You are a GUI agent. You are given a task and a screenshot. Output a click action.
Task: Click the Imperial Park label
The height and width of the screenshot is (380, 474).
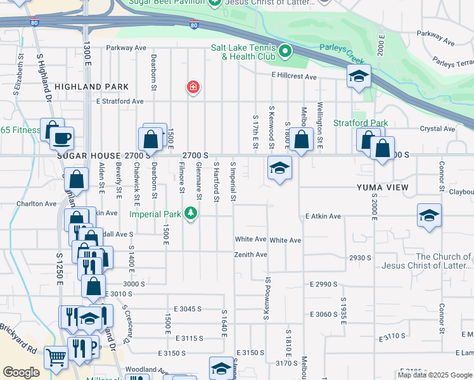[156, 213]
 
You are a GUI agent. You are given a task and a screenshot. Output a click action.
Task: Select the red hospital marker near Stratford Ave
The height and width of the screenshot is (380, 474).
[192, 87]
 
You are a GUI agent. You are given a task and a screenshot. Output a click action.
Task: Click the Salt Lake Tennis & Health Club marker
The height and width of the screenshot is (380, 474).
[285, 50]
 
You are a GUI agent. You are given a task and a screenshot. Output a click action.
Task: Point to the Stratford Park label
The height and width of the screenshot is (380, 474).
[361, 123]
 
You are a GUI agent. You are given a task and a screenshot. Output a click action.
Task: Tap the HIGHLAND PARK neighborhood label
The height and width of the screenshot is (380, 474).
[91, 87]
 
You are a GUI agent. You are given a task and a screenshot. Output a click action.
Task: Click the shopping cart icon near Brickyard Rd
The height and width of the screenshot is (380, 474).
[56, 358]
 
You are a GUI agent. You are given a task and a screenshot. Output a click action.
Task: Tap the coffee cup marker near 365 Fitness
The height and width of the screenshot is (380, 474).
[62, 137]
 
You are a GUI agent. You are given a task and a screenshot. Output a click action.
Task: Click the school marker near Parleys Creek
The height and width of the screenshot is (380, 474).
[359, 77]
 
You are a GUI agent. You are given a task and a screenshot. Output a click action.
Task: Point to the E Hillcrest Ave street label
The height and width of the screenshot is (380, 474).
[293, 77]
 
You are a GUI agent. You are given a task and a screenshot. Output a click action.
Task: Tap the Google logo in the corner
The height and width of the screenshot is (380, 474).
[22, 372]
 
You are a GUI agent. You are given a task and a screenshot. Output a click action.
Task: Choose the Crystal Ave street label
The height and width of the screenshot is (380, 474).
[442, 129]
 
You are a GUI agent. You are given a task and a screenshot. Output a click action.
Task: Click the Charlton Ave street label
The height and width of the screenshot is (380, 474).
[37, 204]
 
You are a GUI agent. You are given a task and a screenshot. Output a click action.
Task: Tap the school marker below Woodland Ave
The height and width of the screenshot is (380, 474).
[221, 368]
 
